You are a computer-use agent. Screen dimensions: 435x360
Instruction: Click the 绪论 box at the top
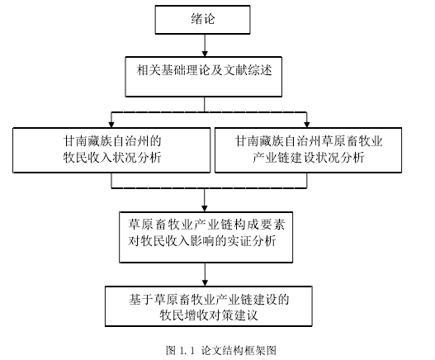pyautogui.click(x=202, y=20)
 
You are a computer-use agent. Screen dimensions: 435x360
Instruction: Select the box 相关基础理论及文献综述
pyautogui.click(x=204, y=77)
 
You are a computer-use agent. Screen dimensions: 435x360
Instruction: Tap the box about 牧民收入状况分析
pyautogui.click(x=111, y=150)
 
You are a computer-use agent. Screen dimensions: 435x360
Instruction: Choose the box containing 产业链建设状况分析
pyautogui.click(x=308, y=150)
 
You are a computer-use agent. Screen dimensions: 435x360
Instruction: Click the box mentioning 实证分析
pyautogui.click(x=206, y=237)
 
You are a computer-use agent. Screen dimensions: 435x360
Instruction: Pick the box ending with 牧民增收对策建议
pyautogui.click(x=209, y=306)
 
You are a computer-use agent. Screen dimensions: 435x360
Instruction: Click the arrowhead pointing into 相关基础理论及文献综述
pyautogui.click(x=205, y=54)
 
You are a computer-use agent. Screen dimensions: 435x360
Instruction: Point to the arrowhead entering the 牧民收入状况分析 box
pyautogui.click(x=111, y=125)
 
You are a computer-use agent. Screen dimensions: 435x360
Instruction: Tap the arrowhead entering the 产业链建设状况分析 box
pyautogui.click(x=307, y=125)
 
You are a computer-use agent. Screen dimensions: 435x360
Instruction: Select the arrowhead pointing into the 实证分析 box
pyautogui.click(x=205, y=209)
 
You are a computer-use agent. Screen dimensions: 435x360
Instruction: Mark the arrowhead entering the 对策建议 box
pyautogui.click(x=205, y=283)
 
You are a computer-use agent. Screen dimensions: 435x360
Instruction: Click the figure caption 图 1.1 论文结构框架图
pyautogui.click(x=221, y=350)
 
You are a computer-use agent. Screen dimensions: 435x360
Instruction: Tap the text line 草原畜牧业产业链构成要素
pyautogui.click(x=206, y=225)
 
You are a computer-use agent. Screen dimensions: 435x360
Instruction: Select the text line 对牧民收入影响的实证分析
pyautogui.click(x=202, y=240)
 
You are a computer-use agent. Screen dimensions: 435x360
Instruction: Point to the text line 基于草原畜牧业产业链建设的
pyautogui.click(x=209, y=299)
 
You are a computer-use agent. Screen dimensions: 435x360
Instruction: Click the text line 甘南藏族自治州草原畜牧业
pyautogui.click(x=309, y=141)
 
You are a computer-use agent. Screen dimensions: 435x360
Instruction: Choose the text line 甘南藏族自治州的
pyautogui.click(x=112, y=141)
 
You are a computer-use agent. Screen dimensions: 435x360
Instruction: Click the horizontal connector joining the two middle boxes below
pyautogui.click(x=209, y=188)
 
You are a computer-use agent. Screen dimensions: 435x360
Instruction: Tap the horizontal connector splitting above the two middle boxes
pyautogui.click(x=209, y=112)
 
